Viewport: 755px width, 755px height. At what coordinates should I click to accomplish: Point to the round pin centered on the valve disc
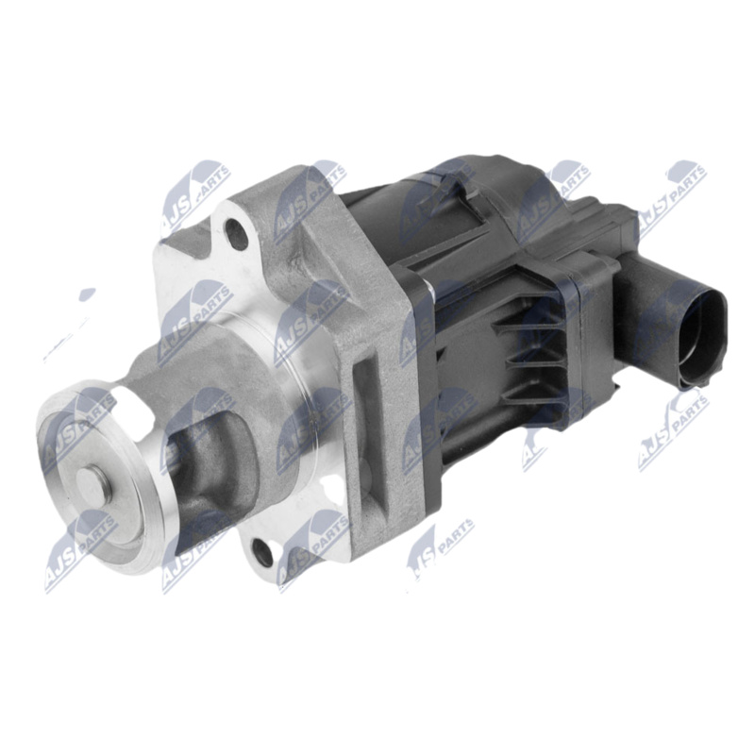coord(92,487)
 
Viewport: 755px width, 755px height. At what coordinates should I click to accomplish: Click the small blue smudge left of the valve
coord(87,295)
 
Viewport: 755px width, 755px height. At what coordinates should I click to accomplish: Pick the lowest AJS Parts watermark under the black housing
coord(440,547)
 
